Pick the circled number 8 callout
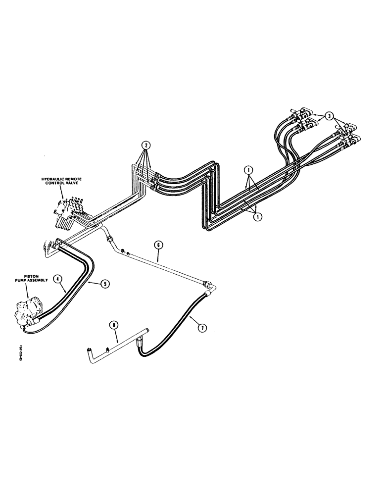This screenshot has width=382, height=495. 114,325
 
